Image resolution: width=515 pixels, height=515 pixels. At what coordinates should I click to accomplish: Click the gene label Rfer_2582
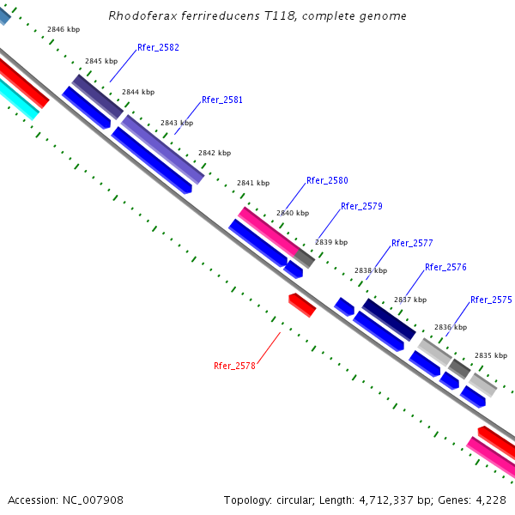pyautogui.click(x=158, y=47)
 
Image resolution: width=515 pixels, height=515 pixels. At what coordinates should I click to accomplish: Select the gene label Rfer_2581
pyautogui.click(x=222, y=100)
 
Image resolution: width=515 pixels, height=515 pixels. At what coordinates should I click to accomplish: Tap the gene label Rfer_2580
pyautogui.click(x=327, y=180)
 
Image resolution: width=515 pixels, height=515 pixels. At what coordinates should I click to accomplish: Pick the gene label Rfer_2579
pyautogui.click(x=361, y=206)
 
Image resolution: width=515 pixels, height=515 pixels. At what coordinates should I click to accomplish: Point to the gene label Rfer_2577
pyautogui.click(x=412, y=243)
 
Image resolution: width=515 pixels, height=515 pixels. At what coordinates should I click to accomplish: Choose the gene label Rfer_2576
pyautogui.click(x=445, y=267)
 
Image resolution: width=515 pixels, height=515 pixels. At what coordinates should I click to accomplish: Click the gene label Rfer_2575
pyautogui.click(x=491, y=300)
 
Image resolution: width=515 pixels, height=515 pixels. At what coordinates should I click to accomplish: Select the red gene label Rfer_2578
pyautogui.click(x=234, y=366)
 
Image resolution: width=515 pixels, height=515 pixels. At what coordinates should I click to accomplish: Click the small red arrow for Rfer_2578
pyautogui.click(x=302, y=305)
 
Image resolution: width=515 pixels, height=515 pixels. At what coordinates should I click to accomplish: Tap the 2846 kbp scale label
pyautogui.click(x=64, y=29)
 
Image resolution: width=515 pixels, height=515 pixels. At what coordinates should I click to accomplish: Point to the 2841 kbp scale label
pyautogui.click(x=253, y=183)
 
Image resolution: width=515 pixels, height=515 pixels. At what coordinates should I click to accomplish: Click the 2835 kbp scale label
pyautogui.click(x=491, y=355)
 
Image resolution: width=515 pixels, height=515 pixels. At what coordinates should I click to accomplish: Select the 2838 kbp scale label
pyautogui.click(x=371, y=270)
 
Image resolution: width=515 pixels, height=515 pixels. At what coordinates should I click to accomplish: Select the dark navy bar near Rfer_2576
pyautogui.click(x=389, y=318)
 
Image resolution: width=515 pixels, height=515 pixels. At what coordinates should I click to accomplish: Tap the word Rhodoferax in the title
pyautogui.click(x=141, y=15)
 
